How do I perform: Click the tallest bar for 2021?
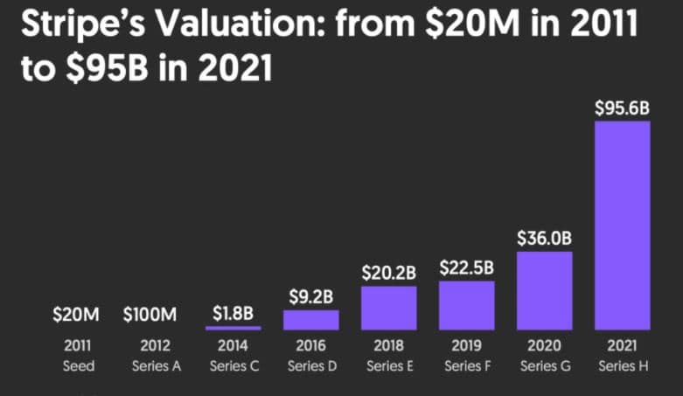click(622, 225)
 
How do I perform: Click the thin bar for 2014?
click(233, 328)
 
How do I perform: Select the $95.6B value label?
click(622, 108)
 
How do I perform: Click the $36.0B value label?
click(544, 238)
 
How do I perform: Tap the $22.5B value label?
click(466, 267)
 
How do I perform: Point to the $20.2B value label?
click(388, 272)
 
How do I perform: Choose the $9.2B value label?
click(310, 296)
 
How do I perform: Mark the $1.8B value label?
click(233, 312)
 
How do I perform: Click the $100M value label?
click(156, 313)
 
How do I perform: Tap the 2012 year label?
click(156, 346)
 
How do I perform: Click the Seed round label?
click(78, 365)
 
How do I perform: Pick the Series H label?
click(622, 365)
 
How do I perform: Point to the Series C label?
click(233, 365)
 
